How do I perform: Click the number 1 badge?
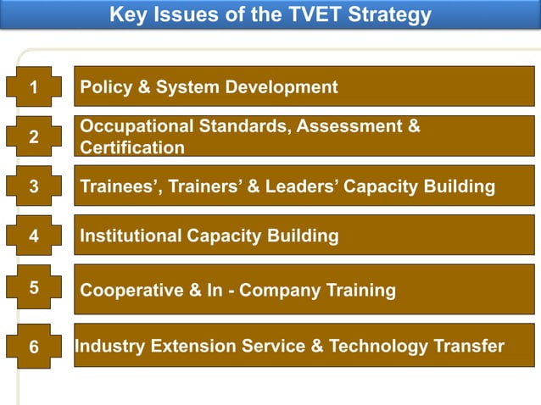(x=33, y=86)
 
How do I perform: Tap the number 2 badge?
(x=33, y=136)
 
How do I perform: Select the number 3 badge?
(x=33, y=186)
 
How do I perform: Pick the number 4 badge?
(x=33, y=236)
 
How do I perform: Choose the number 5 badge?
(x=33, y=287)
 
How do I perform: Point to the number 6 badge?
(x=33, y=347)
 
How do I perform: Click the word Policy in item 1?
(x=105, y=86)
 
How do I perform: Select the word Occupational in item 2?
(x=137, y=126)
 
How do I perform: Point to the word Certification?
(x=131, y=147)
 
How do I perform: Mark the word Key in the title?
(x=128, y=15)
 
